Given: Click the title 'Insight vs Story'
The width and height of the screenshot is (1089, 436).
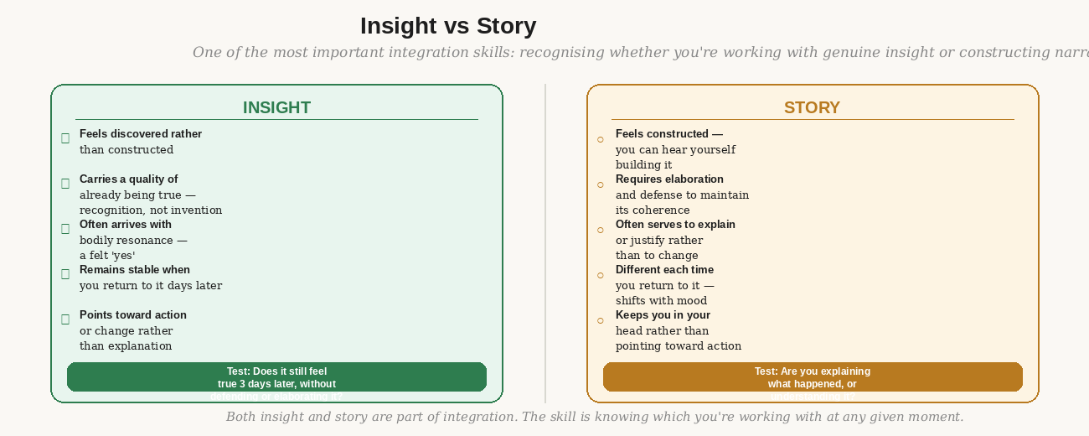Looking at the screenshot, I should [448, 26].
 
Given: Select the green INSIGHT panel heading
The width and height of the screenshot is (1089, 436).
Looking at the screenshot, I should [276, 107].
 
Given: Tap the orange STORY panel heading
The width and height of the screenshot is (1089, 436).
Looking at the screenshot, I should [812, 107].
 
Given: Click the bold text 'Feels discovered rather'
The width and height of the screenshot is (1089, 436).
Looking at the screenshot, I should [141, 134].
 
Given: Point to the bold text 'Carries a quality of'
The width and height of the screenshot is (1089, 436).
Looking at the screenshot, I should [128, 179].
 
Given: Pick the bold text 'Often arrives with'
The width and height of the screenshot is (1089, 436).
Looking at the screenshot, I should [126, 225].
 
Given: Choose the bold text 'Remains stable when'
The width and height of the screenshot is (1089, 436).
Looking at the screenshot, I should [135, 270].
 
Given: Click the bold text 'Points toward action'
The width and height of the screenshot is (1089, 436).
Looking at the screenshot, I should [133, 315].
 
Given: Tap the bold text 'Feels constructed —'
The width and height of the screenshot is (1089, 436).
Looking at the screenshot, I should [669, 134].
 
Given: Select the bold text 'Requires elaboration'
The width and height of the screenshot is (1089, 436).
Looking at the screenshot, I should [669, 179].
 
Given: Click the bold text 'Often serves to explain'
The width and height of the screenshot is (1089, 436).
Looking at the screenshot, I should [675, 225].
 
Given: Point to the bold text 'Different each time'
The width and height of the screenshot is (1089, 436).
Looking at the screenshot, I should [664, 270].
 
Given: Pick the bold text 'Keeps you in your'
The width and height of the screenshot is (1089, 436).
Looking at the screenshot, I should [663, 315].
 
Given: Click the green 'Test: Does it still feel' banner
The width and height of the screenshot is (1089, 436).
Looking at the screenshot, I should [276, 376].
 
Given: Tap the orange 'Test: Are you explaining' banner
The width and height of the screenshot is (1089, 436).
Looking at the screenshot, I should [813, 376].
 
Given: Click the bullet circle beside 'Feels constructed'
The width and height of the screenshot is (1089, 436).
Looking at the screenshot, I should [600, 139].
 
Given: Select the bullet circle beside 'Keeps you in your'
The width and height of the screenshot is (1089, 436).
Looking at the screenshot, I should [600, 320].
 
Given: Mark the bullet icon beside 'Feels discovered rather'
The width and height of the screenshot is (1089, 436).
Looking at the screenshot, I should [65, 138].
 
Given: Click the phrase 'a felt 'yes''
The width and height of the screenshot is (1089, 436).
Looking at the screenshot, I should [107, 256].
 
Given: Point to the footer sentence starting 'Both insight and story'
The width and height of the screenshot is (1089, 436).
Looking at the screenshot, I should [595, 417].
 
